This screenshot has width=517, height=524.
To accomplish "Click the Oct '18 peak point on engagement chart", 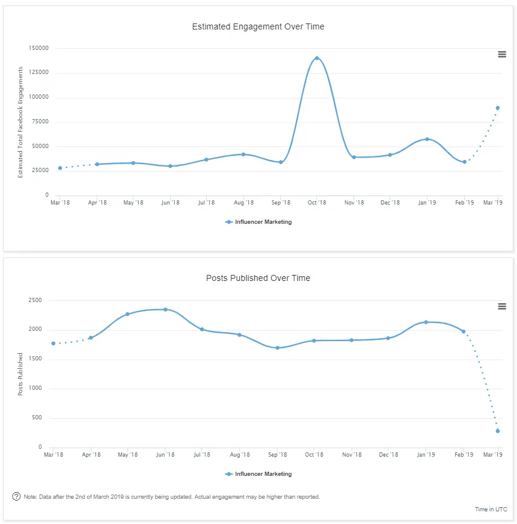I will click(317, 58).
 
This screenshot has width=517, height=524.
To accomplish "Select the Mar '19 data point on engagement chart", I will click(498, 108).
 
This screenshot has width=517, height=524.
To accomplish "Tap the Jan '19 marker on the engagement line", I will click(427, 139).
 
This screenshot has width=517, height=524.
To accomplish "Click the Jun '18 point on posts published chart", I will click(165, 309).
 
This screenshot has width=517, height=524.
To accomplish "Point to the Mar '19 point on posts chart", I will click(498, 431).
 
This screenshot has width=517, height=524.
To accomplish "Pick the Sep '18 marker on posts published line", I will click(277, 348).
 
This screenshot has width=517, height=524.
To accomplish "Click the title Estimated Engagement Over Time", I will click(258, 26).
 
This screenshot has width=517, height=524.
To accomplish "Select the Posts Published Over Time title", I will click(258, 278).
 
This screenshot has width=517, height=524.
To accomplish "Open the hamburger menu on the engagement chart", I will click(502, 54).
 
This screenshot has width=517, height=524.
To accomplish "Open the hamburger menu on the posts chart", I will click(502, 306).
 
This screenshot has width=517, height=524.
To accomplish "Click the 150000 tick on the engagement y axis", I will click(38, 48).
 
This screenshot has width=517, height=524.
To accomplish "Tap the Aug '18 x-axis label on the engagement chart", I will click(243, 203).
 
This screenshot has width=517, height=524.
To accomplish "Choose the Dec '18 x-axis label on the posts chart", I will click(388, 455).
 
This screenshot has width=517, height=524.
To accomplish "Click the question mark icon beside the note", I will click(16, 496).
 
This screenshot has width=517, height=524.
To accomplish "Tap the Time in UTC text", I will click(491, 510).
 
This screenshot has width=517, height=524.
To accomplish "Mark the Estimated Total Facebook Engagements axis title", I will click(20, 122).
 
